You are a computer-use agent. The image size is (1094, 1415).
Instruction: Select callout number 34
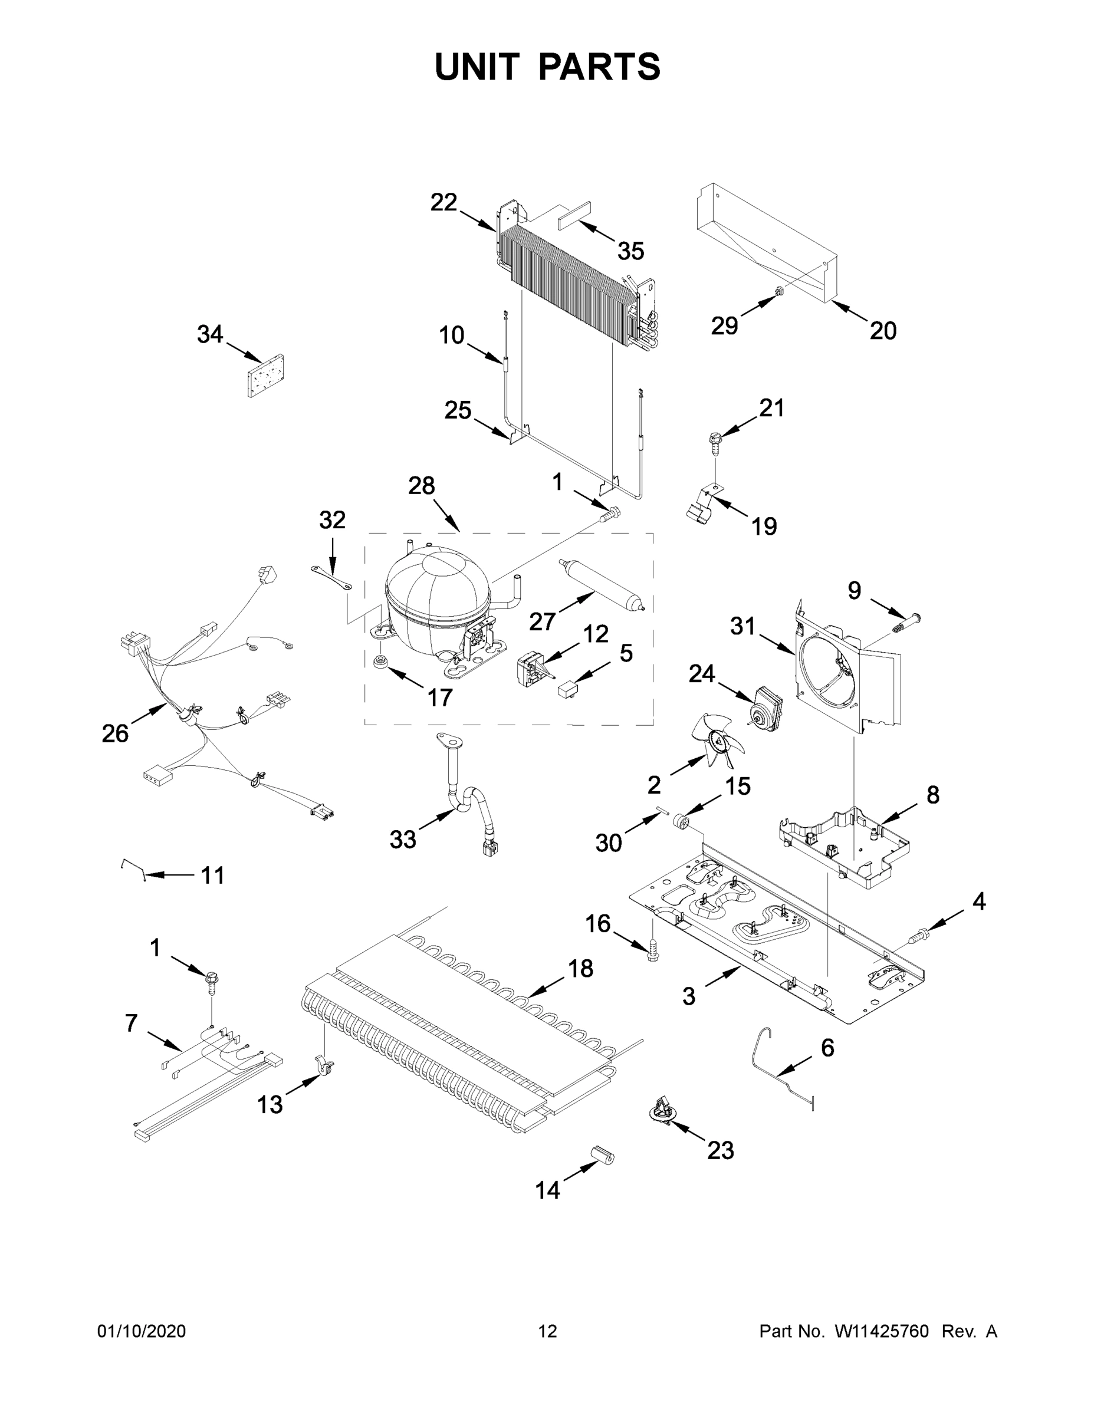click(x=209, y=335)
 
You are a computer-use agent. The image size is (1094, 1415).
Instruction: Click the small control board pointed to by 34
click(x=267, y=376)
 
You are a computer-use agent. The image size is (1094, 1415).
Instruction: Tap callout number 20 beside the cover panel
click(x=883, y=331)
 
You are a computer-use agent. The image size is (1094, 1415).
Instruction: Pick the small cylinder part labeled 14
click(x=602, y=1156)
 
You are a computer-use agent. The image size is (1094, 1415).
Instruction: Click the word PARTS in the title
click(x=600, y=67)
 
